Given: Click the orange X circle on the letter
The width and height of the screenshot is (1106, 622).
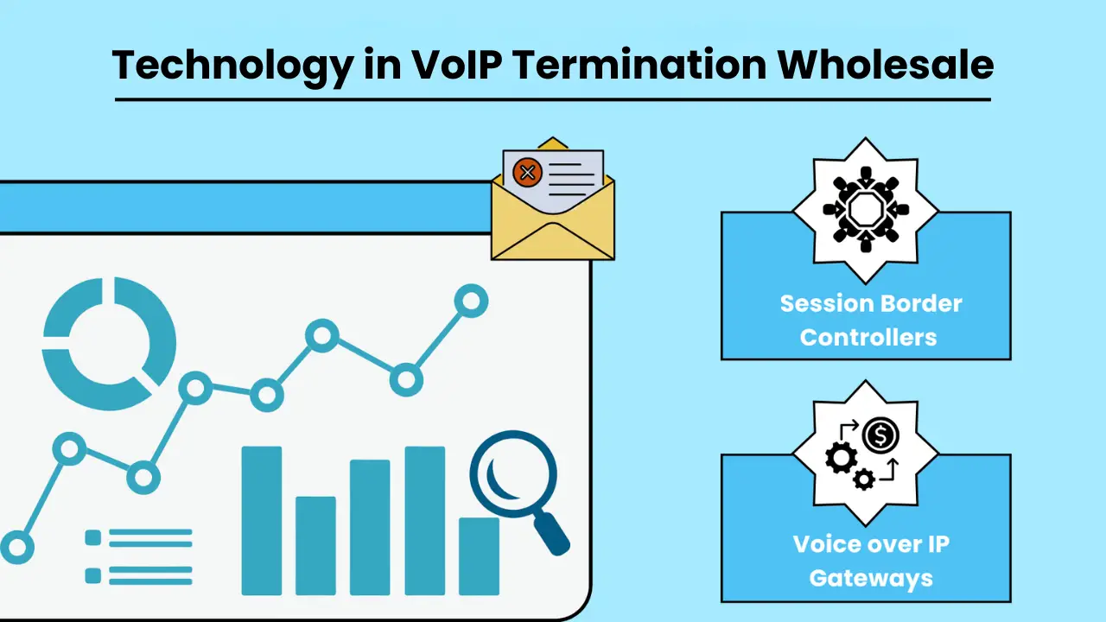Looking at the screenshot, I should pos(527,172).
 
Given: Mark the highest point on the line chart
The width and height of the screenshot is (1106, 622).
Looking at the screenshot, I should pos(471,301).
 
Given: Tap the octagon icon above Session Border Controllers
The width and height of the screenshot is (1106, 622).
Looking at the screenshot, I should pos(865,210).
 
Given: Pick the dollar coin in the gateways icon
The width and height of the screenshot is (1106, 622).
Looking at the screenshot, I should pos(880,435).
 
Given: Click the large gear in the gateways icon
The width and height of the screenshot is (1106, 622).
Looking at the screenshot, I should pos(841,457).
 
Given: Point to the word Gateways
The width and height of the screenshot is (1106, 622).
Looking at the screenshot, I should pos(871,577).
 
